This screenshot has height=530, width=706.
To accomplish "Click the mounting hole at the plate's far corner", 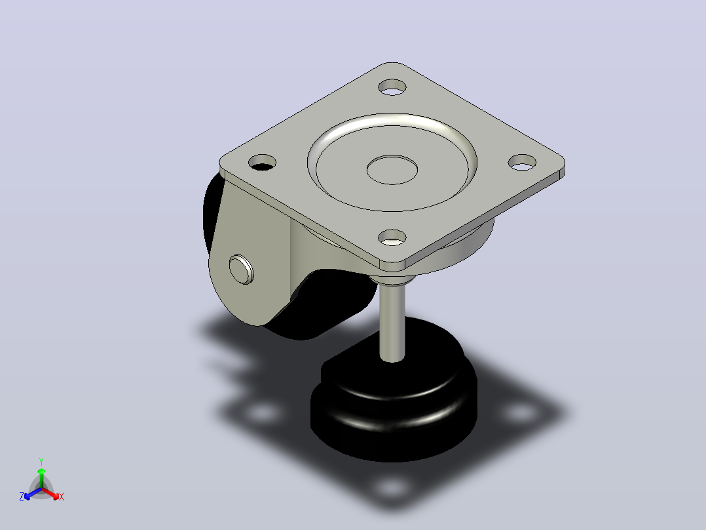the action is point(392,87).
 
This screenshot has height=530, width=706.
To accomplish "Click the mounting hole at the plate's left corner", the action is point(262,163).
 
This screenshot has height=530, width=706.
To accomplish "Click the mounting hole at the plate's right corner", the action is point(523,163).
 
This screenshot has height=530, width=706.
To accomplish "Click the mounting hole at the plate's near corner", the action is point(392,237).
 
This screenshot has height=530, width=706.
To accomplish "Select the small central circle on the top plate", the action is point(392,170).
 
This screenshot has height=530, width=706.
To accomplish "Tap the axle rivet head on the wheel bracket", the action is point(241,270).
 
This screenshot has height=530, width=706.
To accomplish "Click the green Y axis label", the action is point(41,461).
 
